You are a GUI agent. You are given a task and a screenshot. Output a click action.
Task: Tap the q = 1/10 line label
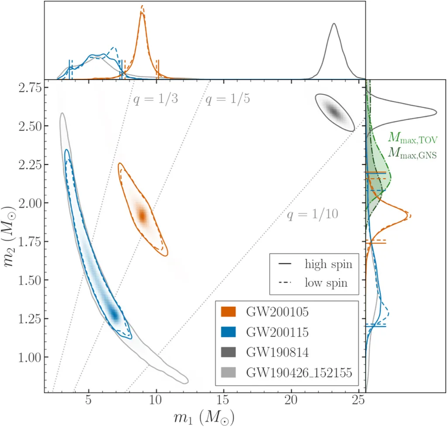tap(313, 214)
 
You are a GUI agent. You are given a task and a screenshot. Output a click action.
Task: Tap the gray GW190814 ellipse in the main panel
tap(334, 111)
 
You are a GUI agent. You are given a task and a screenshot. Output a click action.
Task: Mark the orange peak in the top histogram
tap(142, 13)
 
